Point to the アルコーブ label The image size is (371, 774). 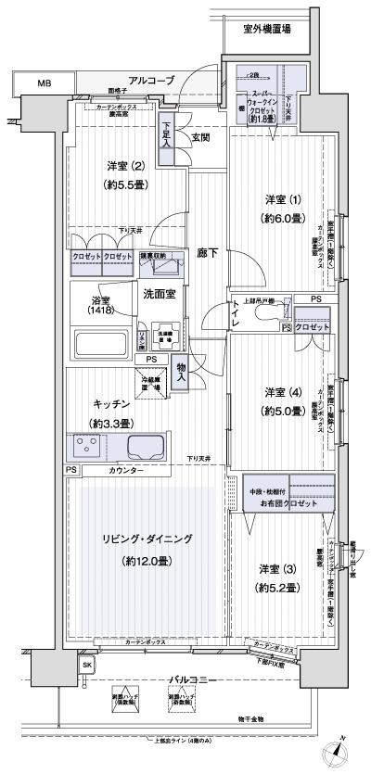click(x=151, y=82)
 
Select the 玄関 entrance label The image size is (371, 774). click(x=200, y=138)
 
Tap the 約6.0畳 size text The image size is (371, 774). click(x=275, y=218)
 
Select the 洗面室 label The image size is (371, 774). click(x=160, y=295)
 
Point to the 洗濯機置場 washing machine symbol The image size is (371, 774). click(x=167, y=336)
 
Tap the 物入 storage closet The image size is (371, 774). click(x=182, y=373)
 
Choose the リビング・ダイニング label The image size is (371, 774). click(x=147, y=539)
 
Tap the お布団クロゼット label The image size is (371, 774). click(x=288, y=501)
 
